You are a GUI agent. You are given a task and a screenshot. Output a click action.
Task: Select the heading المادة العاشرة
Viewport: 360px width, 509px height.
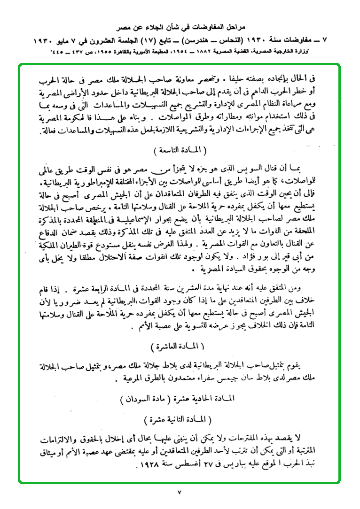coord(180,348)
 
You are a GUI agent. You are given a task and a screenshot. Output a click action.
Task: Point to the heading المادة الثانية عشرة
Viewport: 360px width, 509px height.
coord(180,417)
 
